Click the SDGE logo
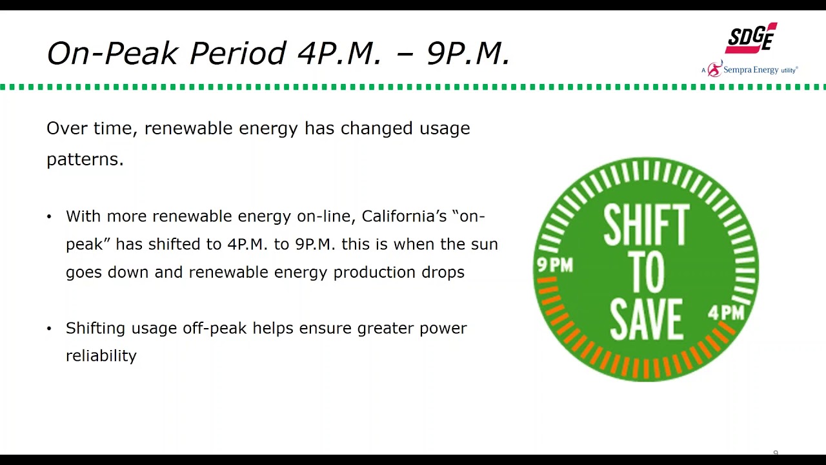750,39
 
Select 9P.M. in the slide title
468,54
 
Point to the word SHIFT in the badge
646,227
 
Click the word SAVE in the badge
646,319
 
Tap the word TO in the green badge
646,273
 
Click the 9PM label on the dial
555,265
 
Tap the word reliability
101,356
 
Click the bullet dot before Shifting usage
49,329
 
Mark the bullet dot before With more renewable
49,217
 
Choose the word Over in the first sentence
66,129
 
